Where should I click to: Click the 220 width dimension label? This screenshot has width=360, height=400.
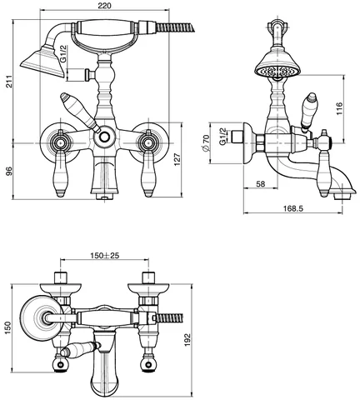point(105,5)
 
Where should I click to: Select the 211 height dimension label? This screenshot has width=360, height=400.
point(10,82)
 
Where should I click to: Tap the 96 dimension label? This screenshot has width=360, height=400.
point(10,171)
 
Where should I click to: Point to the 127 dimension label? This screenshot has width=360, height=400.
point(177,159)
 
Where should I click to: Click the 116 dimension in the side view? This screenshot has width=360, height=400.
point(339,109)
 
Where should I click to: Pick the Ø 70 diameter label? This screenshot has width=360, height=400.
point(206,143)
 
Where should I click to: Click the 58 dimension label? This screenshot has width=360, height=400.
point(260,183)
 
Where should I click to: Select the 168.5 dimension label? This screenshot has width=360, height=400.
point(293,208)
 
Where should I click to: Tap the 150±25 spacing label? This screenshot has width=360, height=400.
point(105,255)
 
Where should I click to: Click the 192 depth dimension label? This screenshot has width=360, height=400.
point(187,339)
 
